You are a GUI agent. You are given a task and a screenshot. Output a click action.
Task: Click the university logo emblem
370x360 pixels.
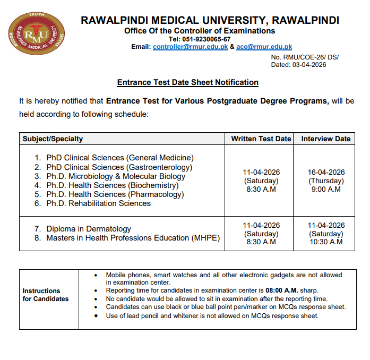click(x=35, y=36)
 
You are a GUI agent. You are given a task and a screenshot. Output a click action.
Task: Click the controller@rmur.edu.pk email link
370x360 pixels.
click(x=190, y=47)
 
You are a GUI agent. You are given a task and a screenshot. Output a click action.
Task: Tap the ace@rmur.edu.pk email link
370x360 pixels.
click(x=264, y=47)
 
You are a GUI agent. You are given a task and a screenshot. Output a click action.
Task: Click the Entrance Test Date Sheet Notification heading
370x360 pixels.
click(x=187, y=82)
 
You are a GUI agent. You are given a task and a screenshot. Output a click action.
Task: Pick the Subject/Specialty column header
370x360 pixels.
click(x=53, y=139)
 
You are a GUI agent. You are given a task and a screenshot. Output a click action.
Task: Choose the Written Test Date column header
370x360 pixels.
click(x=261, y=139)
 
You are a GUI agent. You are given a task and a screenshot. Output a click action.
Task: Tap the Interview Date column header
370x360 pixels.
click(x=326, y=139)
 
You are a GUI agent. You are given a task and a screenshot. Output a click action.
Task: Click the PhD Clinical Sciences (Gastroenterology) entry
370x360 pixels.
click(x=119, y=167)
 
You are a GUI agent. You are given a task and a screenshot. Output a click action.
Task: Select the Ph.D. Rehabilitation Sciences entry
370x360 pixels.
click(x=98, y=203)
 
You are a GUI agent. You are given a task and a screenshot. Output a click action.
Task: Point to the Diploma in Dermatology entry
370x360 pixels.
click(x=89, y=229)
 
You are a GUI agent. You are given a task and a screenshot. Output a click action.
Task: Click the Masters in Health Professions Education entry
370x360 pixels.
click(x=133, y=238)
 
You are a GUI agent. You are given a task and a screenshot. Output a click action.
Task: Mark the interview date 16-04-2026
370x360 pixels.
click(x=326, y=172)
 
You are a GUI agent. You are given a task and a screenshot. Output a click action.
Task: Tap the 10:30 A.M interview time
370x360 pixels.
click(x=326, y=242)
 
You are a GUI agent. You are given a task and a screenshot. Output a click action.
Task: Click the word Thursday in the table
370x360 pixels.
click(x=326, y=181)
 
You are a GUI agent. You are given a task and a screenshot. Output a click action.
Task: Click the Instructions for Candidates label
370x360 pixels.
click(x=46, y=295)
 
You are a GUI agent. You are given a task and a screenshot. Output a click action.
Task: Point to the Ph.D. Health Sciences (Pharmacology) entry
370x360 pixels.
click(x=115, y=194)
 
